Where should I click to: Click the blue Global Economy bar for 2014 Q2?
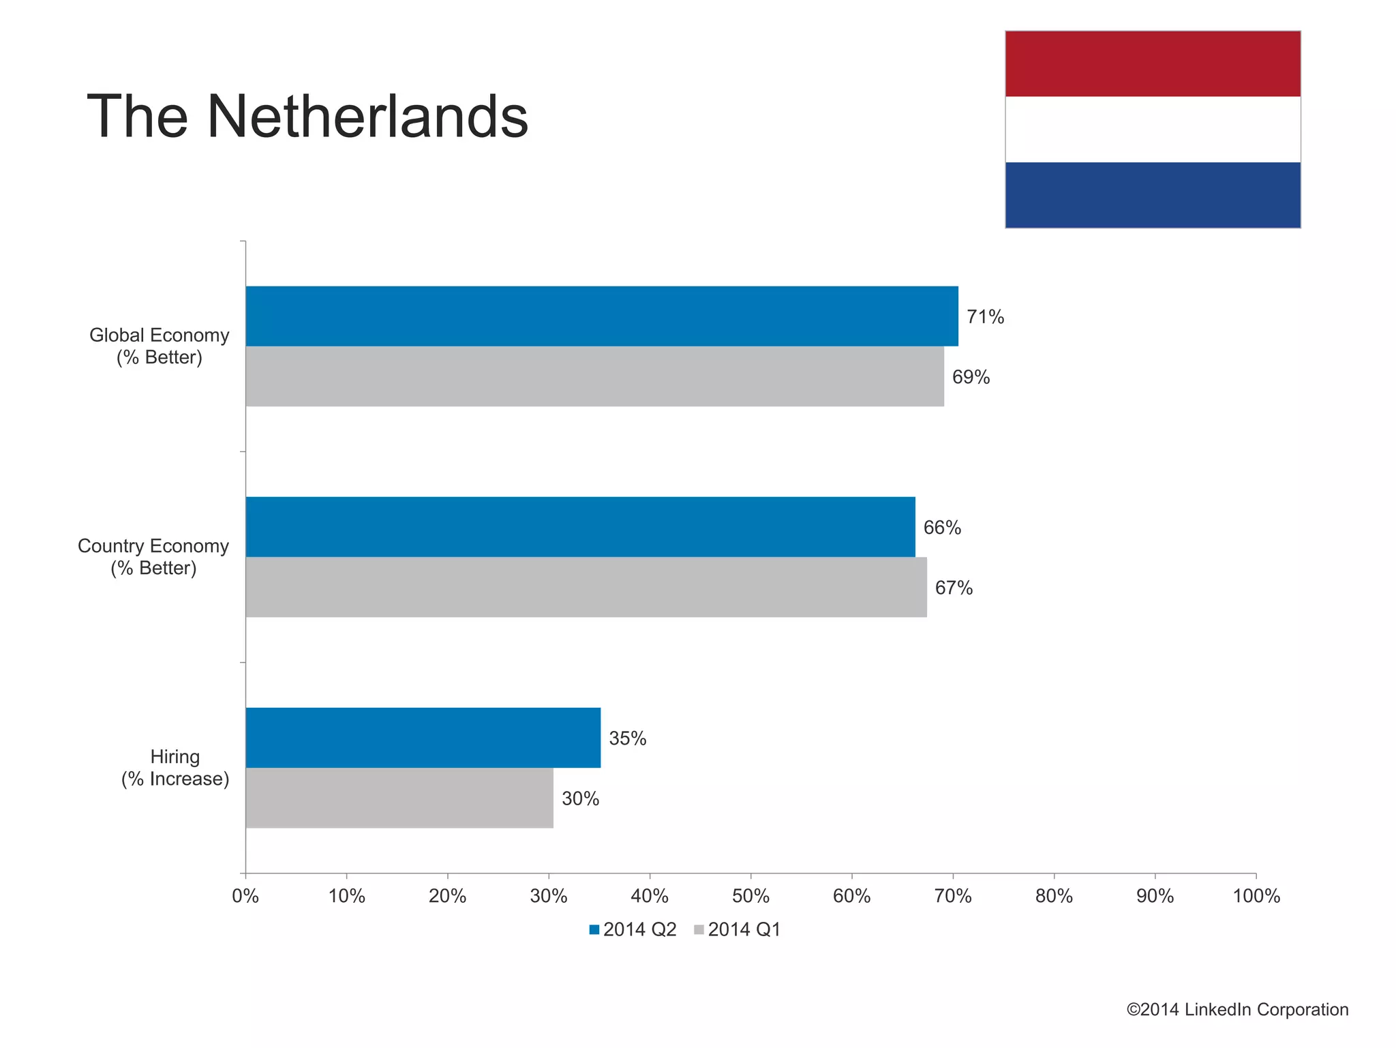[601, 316]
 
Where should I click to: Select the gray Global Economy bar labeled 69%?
[594, 376]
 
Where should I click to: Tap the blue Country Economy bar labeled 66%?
[580, 526]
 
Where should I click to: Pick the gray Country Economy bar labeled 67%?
[586, 587]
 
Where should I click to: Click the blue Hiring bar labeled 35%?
[423, 737]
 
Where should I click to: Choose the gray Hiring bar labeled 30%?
[399, 798]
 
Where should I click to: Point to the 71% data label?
[985, 317]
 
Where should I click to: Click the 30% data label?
[580, 798]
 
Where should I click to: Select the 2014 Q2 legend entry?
[633, 929]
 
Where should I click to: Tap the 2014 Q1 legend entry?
[737, 929]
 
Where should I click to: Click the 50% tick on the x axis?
[750, 896]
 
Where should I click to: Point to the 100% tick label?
[1256, 896]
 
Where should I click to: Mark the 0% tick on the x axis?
[245, 896]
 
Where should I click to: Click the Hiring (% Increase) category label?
[175, 768]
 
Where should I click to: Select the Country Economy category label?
[153, 557]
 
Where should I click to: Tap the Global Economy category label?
[159, 346]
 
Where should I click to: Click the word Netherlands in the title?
[367, 117]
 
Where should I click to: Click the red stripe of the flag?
[1152, 63]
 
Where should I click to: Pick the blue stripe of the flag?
[1152, 195]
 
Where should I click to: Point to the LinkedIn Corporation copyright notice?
[1237, 1010]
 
